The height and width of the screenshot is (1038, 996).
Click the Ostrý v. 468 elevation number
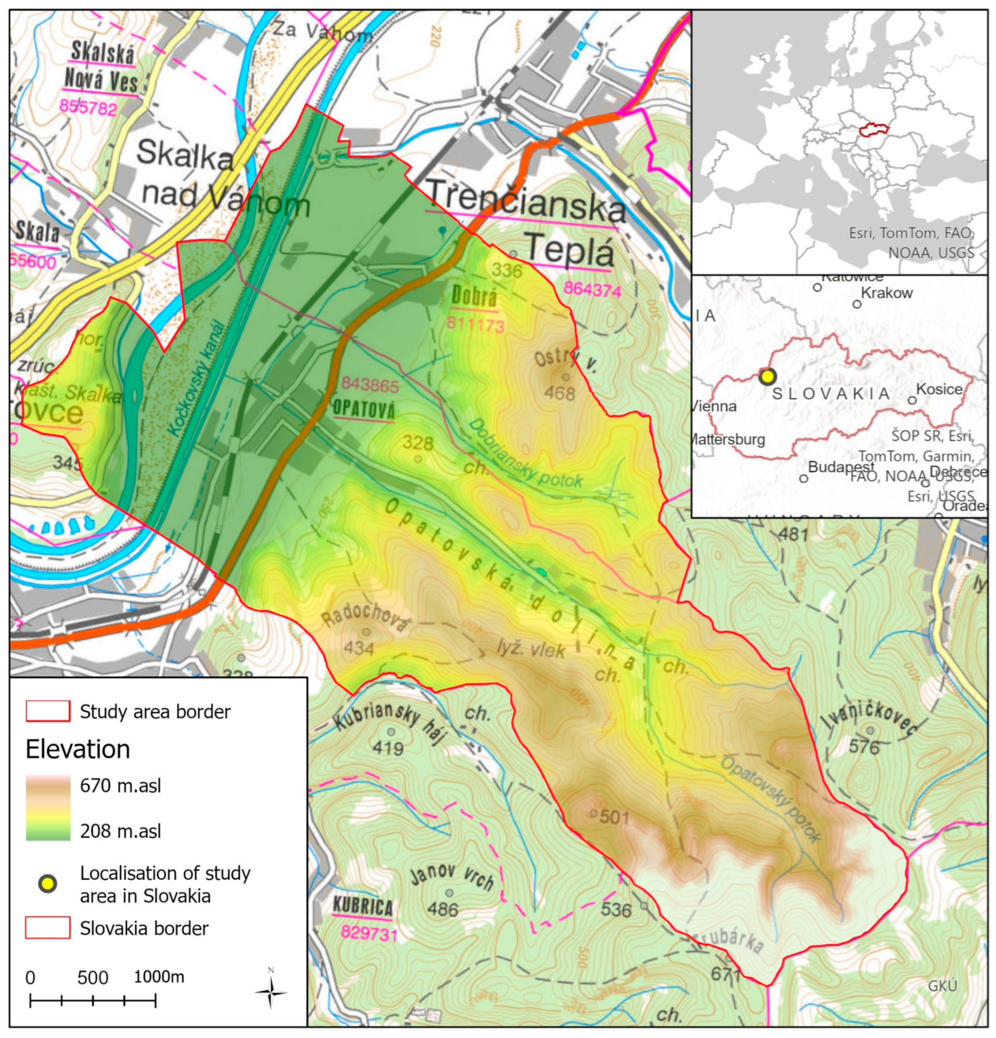(x=560, y=394)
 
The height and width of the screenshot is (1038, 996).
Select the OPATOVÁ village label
(x=364, y=409)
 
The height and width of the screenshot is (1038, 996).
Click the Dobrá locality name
(x=474, y=298)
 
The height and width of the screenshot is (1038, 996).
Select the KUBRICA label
(x=363, y=907)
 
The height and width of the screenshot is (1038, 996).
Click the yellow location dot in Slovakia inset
(x=767, y=377)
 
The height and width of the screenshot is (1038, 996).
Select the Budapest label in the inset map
(x=841, y=467)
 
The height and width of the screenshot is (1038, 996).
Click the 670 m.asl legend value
(x=120, y=785)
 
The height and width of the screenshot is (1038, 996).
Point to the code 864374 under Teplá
(x=592, y=289)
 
